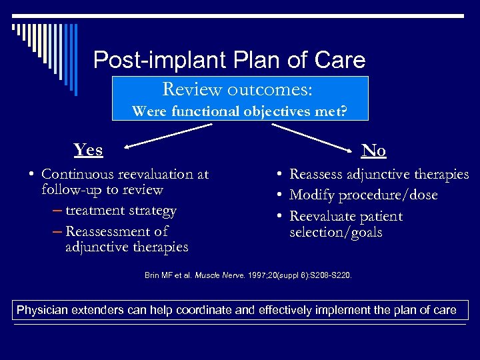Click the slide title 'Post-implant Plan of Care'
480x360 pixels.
click(x=229, y=61)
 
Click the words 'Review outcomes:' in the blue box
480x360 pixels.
click(x=238, y=89)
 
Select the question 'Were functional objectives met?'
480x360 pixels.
click(x=239, y=111)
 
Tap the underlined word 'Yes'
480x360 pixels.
click(x=88, y=149)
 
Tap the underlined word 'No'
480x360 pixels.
click(x=373, y=151)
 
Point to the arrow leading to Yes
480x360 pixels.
click(x=160, y=133)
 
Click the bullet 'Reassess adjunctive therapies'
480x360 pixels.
click(x=379, y=174)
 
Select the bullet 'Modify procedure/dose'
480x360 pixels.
click(x=363, y=195)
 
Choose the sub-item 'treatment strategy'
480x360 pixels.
click(x=121, y=211)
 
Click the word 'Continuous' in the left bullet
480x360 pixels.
click(x=76, y=174)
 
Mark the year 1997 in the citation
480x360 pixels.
click(x=254, y=275)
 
